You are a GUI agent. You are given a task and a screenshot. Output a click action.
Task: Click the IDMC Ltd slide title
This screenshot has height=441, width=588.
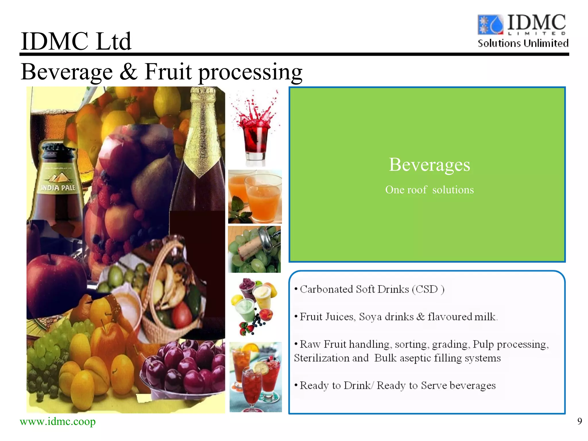[76, 41]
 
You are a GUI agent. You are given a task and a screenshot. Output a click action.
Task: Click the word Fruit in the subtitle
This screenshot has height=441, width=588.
[168, 72]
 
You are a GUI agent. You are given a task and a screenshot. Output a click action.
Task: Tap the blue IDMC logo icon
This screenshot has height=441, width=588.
[490, 25]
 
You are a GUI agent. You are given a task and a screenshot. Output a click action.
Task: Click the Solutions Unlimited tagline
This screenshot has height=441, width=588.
[523, 43]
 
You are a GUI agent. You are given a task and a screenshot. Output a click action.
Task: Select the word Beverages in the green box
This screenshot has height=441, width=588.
[429, 165]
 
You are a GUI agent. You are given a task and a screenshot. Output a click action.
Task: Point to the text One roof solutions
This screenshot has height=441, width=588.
[429, 190]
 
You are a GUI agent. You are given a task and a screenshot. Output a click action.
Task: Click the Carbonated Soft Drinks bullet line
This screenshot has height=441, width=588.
[369, 289]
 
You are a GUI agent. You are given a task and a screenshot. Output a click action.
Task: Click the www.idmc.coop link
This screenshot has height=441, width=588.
[57, 421]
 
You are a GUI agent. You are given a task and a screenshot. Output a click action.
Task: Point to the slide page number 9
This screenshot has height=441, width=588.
[579, 421]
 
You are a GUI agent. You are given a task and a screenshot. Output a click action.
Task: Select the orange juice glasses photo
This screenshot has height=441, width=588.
[255, 197]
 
